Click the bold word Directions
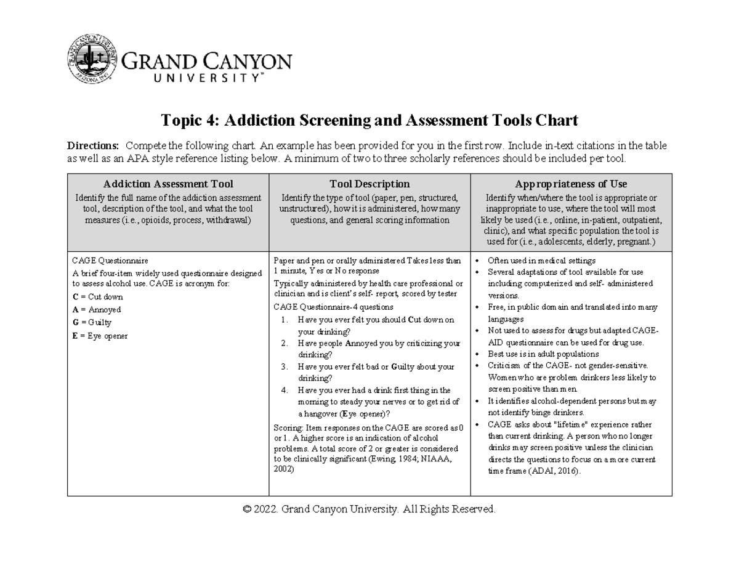[93, 146]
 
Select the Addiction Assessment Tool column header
[168, 184]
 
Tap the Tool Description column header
[369, 184]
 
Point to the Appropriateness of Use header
[571, 184]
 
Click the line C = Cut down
[98, 297]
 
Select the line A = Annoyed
[97, 310]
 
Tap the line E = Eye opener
[100, 336]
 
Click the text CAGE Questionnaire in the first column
[110, 261]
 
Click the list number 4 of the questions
[283, 391]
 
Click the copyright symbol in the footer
[247, 509]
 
